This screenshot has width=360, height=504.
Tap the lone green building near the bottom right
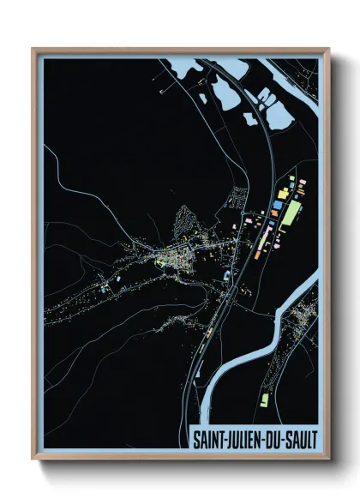click(x=264, y=399)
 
